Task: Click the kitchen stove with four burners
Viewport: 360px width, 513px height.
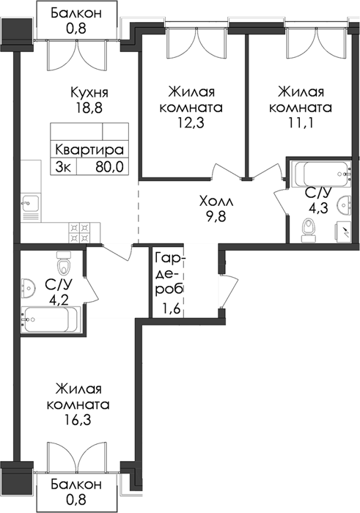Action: [x=79, y=232]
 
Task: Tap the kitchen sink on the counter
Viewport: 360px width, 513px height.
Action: [x=30, y=204]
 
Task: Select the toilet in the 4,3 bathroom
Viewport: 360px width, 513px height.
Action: [x=309, y=230]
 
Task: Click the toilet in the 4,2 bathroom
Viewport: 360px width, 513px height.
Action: [x=63, y=262]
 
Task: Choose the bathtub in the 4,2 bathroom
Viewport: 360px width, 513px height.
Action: [x=51, y=320]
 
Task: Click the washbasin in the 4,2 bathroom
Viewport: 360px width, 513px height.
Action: [x=29, y=289]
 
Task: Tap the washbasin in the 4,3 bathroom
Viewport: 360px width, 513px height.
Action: [x=344, y=204]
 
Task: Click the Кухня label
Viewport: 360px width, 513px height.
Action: [x=89, y=92]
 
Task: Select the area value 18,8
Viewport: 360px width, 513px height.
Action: [x=89, y=108]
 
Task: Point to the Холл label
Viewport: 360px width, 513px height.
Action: [x=216, y=202]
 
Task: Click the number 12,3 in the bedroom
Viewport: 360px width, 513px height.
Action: [x=191, y=123]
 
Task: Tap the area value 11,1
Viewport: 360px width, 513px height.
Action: [x=301, y=123]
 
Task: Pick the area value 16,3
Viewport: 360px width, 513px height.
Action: [x=78, y=420]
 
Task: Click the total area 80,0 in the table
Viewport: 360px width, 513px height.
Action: [x=109, y=167]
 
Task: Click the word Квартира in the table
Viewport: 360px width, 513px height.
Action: [x=89, y=150]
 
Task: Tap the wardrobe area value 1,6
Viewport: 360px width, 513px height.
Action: [x=170, y=309]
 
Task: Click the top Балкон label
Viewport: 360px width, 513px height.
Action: [x=76, y=13]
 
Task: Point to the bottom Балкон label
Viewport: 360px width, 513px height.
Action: [x=76, y=484]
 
